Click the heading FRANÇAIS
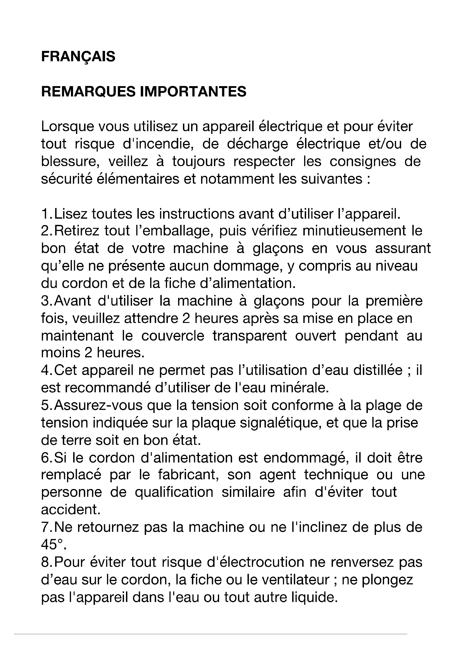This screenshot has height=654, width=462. (x=78, y=56)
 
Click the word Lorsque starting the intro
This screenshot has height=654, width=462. (x=67, y=126)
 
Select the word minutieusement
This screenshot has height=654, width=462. (x=354, y=231)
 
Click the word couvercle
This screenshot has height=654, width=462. (x=173, y=336)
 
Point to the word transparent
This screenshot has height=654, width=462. (x=249, y=336)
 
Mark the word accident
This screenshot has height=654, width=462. (x=71, y=510)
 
